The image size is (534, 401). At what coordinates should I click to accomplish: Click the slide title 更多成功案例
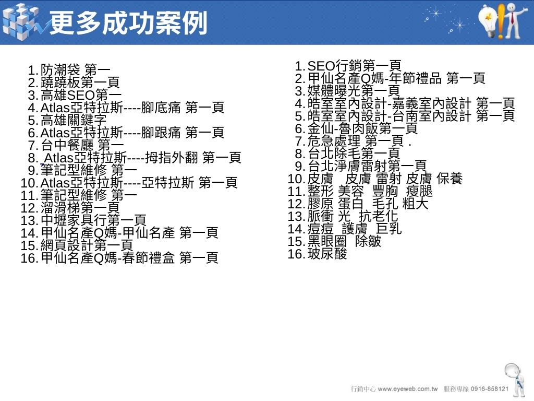[x=128, y=23]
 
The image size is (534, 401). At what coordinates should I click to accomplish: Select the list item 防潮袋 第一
[x=69, y=70]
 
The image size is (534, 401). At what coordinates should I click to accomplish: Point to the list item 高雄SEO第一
[x=75, y=95]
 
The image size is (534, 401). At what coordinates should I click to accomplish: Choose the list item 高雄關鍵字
[x=67, y=120]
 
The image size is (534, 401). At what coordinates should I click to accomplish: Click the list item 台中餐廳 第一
[x=76, y=145]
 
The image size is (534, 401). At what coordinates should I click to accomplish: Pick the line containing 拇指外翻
[x=135, y=158]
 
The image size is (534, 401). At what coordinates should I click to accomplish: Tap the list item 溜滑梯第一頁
[x=70, y=208]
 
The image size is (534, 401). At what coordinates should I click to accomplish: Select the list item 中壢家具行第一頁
[x=83, y=220]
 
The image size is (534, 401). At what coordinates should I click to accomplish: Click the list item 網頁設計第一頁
[x=77, y=245]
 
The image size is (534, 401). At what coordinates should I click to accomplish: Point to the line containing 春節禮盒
[x=119, y=258]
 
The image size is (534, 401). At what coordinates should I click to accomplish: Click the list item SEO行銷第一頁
[x=348, y=65]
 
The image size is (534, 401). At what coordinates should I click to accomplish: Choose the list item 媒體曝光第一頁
[x=347, y=91]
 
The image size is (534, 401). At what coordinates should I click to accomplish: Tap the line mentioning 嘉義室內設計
[x=405, y=103]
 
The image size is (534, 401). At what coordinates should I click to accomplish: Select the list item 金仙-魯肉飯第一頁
[x=356, y=128]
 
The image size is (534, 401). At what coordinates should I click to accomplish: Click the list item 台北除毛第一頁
[x=347, y=154]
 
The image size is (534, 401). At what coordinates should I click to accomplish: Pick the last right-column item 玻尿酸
[x=318, y=254]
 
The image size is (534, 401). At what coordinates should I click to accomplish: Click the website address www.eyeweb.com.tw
[x=408, y=389]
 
